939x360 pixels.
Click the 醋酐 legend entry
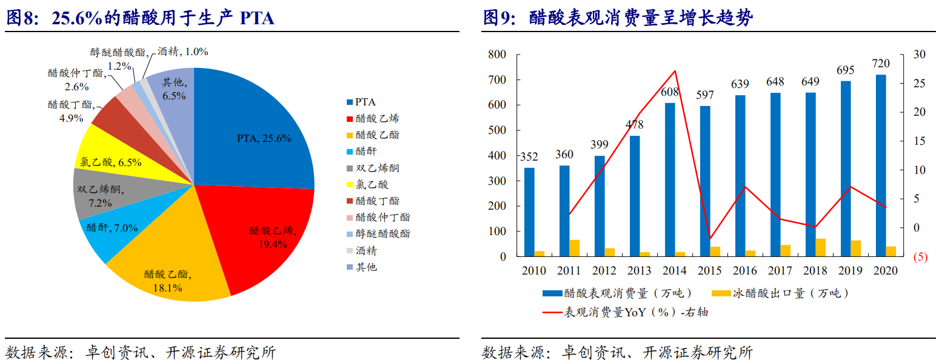click(366, 152)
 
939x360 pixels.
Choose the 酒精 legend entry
click(366, 250)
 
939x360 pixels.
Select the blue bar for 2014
click(670, 179)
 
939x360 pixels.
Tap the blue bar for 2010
click(529, 212)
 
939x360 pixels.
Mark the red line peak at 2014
click(675, 71)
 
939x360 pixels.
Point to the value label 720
click(880, 64)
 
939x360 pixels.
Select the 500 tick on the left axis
click(496, 130)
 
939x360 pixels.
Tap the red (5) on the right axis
click(920, 257)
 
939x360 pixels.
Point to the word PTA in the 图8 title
click(257, 19)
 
